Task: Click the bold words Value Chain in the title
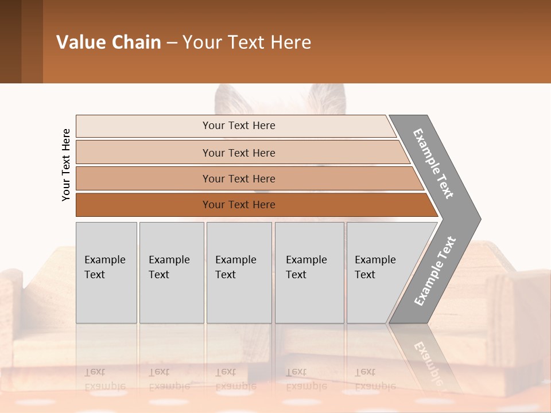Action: (108, 42)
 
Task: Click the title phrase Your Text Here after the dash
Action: (247, 42)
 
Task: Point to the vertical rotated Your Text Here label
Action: (66, 165)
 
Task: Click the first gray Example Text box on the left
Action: (106, 272)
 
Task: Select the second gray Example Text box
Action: (172, 272)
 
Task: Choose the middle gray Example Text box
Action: (239, 272)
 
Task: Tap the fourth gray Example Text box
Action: (309, 272)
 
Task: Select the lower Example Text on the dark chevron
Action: (435, 271)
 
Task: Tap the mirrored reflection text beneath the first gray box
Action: (104, 379)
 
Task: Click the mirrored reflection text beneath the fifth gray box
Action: (375, 379)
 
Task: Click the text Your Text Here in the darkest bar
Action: (239, 205)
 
